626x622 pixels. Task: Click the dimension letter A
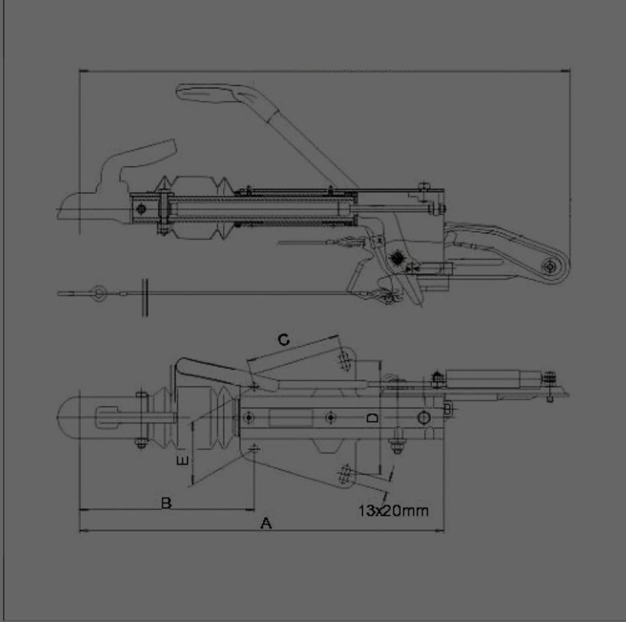point(266,523)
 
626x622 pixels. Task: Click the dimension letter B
point(166,503)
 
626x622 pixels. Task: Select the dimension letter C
point(284,340)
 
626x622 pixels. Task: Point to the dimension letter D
point(372,418)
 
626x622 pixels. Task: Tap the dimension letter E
point(183,461)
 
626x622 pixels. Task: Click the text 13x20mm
point(393,510)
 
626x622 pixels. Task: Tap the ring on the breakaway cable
point(98,294)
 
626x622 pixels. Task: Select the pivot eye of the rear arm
point(550,266)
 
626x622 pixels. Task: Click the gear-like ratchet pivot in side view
point(396,258)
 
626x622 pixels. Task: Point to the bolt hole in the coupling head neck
point(141,209)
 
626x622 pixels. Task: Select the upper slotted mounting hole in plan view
point(344,360)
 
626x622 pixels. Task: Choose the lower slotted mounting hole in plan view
point(344,474)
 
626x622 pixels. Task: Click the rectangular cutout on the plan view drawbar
point(291,418)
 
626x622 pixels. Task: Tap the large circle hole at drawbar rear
point(423,418)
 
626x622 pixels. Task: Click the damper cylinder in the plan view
point(494,378)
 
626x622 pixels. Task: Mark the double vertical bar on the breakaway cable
point(145,298)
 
